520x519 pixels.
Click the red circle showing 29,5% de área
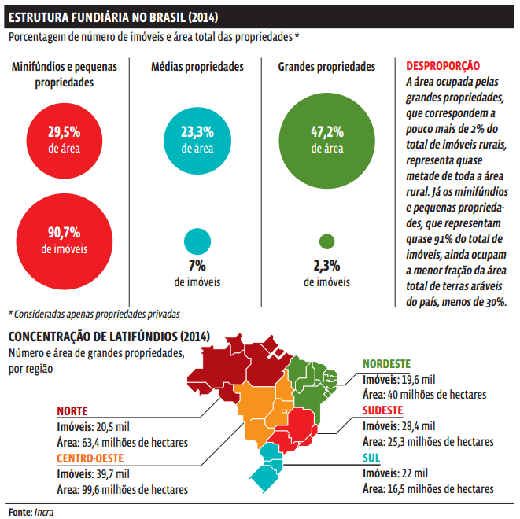pos(65,141)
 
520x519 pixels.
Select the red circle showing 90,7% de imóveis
pos(65,241)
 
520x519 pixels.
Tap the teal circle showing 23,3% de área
pos(197,141)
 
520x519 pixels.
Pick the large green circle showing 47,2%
pos(327,141)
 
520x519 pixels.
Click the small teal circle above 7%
pos(197,241)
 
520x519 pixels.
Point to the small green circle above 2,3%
pos(327,241)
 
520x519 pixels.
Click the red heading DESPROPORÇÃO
pos(443,65)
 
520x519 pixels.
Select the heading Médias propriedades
pos(197,67)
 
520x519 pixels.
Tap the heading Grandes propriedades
pos(326,67)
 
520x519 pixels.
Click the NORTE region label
pos(72,411)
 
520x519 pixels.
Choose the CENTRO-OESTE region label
pos(90,458)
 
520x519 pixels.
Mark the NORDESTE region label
pos(387,364)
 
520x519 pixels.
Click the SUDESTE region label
pos(382,410)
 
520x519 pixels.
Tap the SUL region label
pos(371,458)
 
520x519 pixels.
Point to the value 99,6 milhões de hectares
pos(135,489)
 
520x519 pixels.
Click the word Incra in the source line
pos(44,512)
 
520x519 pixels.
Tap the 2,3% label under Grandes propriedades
pos(327,266)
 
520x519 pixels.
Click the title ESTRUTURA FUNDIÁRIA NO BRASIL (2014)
pos(113,17)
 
